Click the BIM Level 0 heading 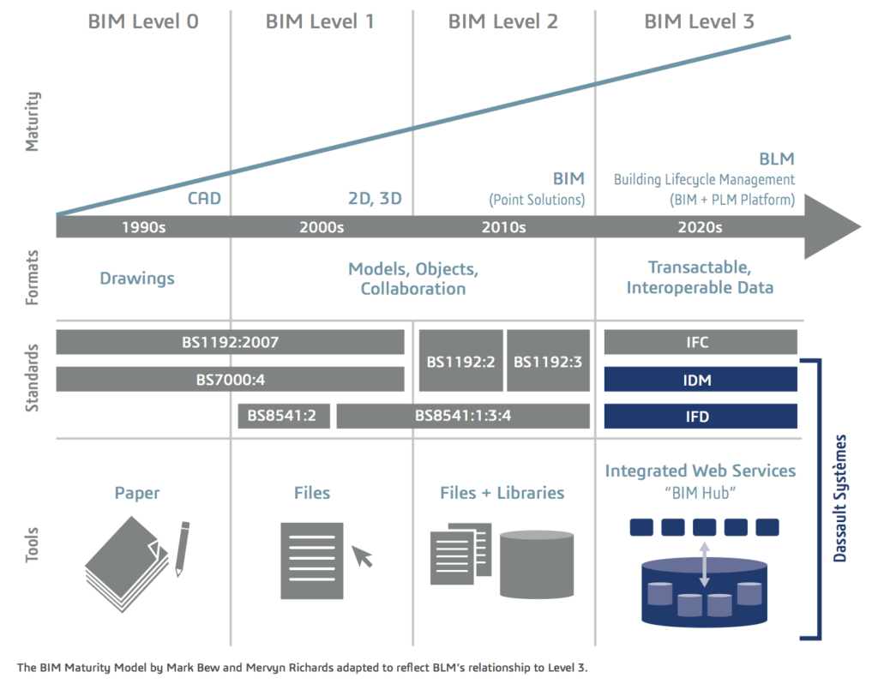pyautogui.click(x=143, y=21)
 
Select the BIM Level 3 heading pyautogui.click(x=699, y=21)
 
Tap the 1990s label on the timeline pyautogui.click(x=143, y=227)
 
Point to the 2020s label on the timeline pyautogui.click(x=700, y=227)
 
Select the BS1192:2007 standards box pyautogui.click(x=230, y=342)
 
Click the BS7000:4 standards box pyautogui.click(x=230, y=379)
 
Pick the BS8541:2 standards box pyautogui.click(x=284, y=416)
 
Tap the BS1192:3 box pyautogui.click(x=548, y=361)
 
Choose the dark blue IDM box pyautogui.click(x=701, y=379)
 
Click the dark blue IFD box pyautogui.click(x=701, y=416)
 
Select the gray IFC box pyautogui.click(x=701, y=342)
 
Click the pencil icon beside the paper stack pyautogui.click(x=182, y=548)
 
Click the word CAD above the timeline pyautogui.click(x=205, y=200)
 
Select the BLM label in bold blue pyautogui.click(x=777, y=159)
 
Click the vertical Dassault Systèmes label pyautogui.click(x=840, y=499)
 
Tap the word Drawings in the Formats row pyautogui.click(x=137, y=278)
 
